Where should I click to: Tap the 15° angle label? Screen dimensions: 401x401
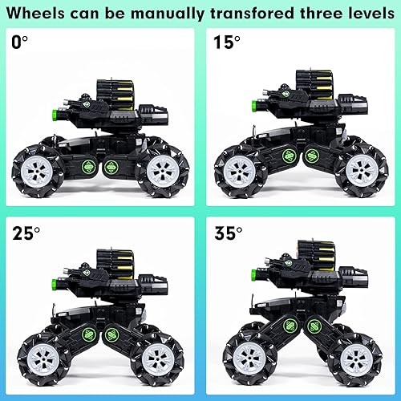coord(225,42)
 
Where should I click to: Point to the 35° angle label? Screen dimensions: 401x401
coord(228,234)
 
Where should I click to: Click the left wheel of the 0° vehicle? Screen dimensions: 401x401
coord(39,169)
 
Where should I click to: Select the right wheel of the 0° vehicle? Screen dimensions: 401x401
coord(163,169)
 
